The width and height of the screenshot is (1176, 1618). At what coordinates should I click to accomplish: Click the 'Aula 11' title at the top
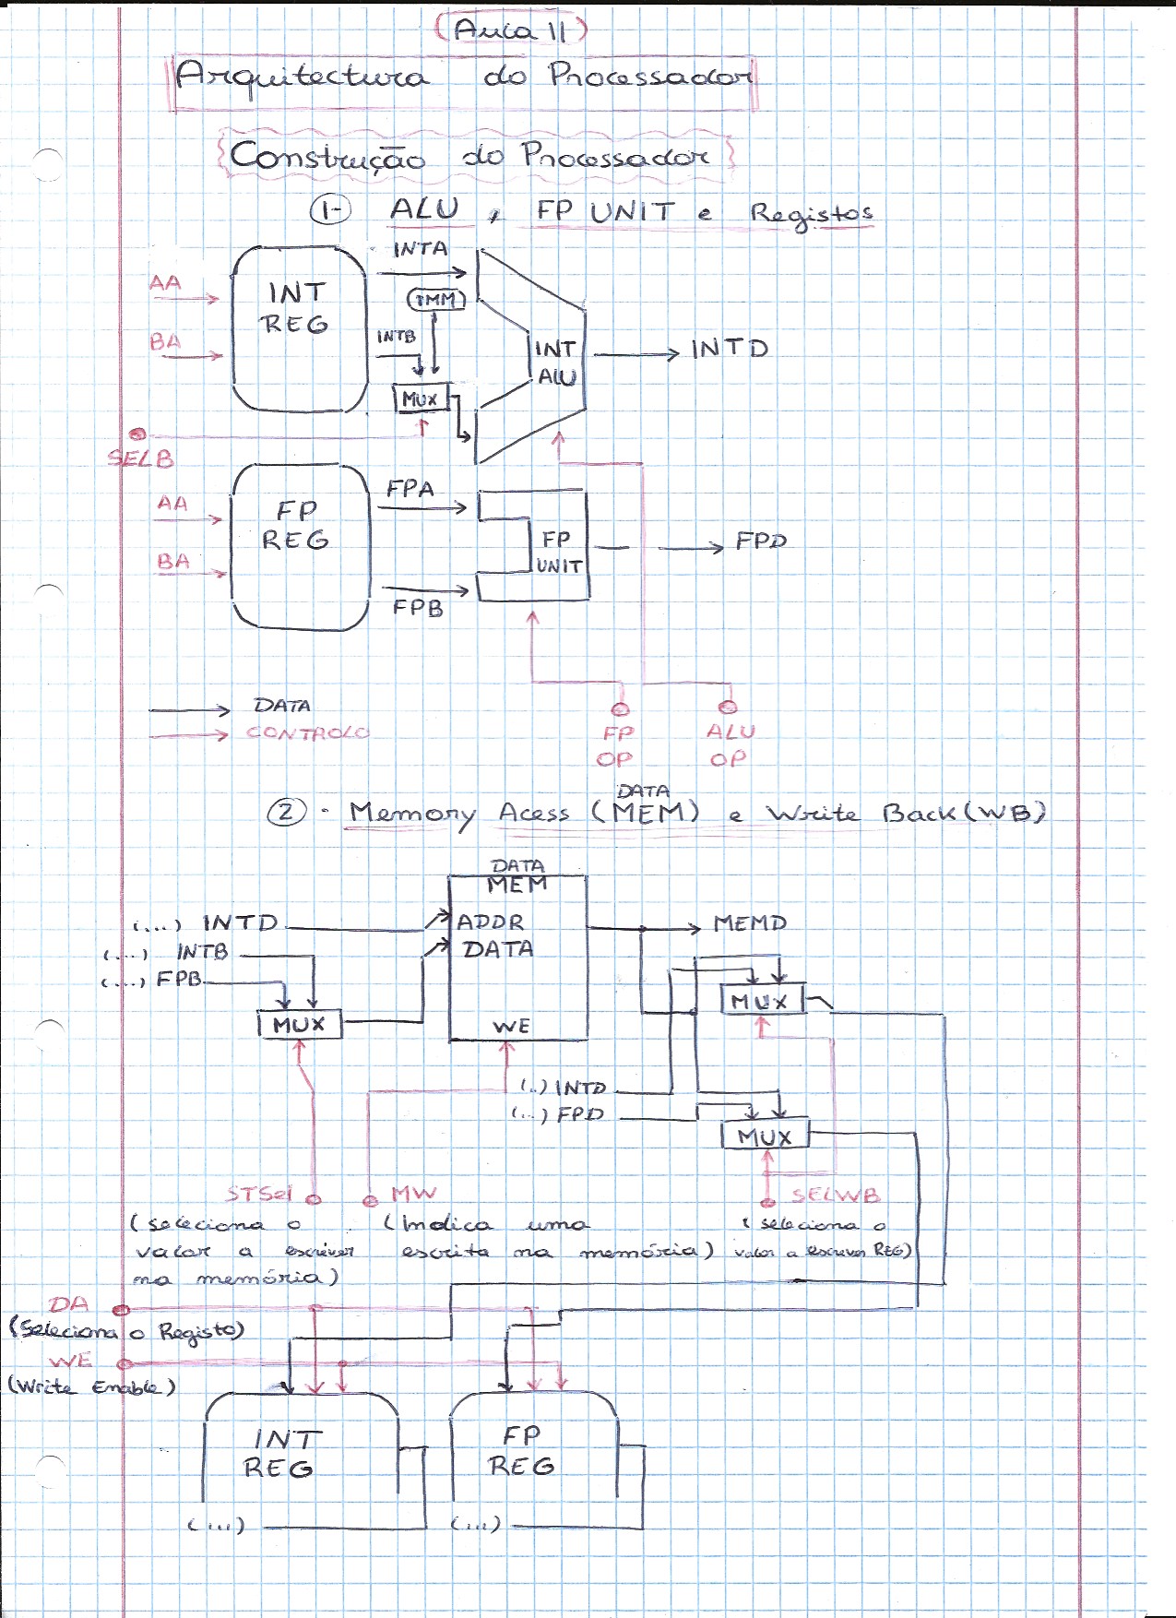[x=510, y=30]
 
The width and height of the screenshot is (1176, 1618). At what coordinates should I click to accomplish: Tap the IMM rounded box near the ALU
[x=435, y=300]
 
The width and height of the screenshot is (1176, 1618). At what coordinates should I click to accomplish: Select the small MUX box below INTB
[x=421, y=399]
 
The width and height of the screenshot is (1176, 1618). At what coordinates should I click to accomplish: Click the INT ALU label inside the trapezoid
[x=556, y=363]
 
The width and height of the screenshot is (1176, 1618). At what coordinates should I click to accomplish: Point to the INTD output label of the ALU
[x=730, y=350]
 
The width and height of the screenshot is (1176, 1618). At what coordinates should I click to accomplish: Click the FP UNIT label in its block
[x=558, y=552]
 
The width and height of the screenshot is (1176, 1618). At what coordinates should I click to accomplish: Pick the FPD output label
[x=761, y=541]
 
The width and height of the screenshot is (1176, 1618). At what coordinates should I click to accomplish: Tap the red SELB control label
[x=140, y=458]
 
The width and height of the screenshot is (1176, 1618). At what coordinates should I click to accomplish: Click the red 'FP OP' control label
[x=616, y=746]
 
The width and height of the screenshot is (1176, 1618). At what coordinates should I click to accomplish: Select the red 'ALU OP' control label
[x=730, y=745]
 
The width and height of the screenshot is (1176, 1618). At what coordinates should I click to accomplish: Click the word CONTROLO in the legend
[x=307, y=733]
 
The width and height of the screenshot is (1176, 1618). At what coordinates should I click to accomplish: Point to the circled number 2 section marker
[x=286, y=813]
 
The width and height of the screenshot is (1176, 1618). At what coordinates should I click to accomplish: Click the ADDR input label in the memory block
[x=491, y=922]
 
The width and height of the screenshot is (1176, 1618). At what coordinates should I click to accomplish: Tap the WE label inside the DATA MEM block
[x=511, y=1027]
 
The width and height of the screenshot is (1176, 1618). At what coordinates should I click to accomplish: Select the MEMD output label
[x=750, y=923]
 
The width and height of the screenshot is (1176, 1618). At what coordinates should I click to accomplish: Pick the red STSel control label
[x=259, y=1194]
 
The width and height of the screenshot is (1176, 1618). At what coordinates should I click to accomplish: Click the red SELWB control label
[x=836, y=1196]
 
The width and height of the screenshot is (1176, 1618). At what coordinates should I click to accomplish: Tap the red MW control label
[x=413, y=1194]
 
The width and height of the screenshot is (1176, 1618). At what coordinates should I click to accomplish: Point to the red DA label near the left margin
[x=70, y=1304]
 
